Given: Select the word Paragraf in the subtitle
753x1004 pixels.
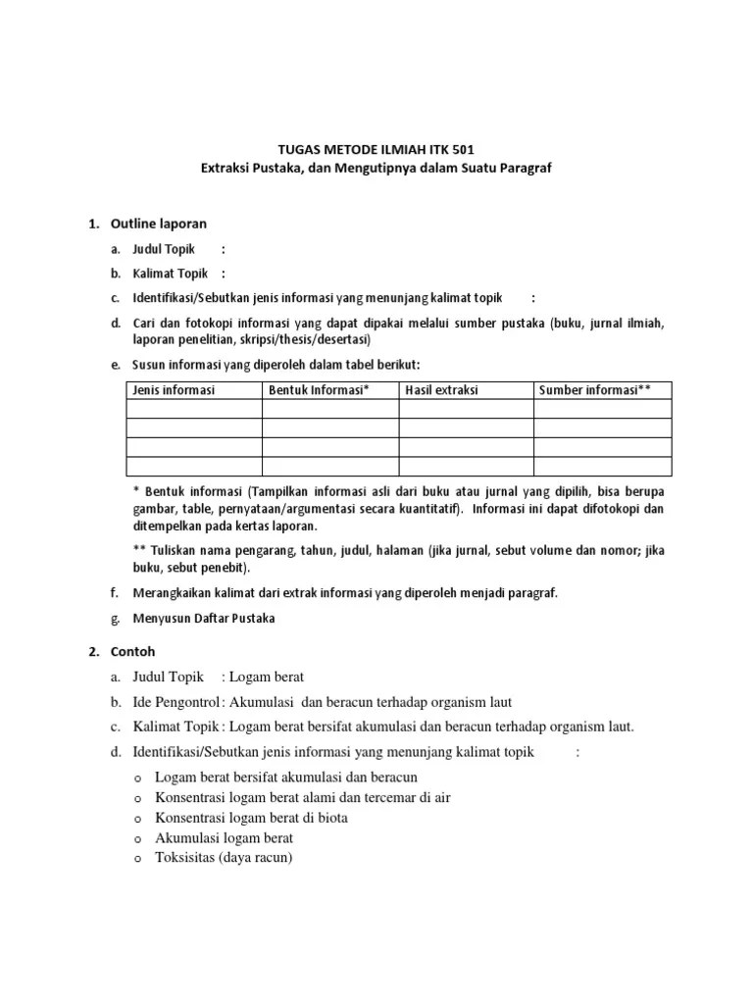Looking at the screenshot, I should click(526, 169).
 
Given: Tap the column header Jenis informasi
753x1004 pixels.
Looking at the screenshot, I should click(174, 390).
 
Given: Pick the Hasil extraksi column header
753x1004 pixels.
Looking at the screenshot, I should click(441, 390).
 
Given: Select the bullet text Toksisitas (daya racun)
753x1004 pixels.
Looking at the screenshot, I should click(224, 858).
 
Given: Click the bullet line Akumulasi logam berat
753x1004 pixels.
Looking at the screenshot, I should click(224, 838).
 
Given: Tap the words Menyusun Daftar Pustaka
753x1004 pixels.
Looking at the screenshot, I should click(205, 619).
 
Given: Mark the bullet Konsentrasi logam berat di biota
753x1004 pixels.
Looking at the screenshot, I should click(251, 818).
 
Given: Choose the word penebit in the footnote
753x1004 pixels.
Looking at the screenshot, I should click(227, 568).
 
